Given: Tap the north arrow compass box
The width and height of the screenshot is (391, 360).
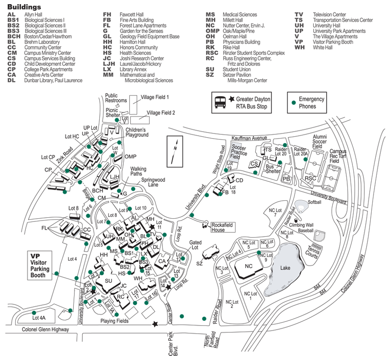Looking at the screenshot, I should pos(173,151).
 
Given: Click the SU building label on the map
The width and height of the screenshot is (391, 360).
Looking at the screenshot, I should pos(109,281).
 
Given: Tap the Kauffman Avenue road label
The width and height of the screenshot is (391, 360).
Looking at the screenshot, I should pos(249,138).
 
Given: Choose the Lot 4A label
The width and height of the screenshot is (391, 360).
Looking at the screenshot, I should pos(39,318).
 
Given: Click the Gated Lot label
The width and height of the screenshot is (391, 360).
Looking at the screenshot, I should pos(196,244).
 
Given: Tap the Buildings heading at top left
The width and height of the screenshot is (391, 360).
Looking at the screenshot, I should pos(24,7).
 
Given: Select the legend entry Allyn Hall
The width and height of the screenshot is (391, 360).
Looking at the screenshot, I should pos(33,15).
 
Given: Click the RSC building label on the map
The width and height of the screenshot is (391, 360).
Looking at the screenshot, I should pos(310,178).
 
